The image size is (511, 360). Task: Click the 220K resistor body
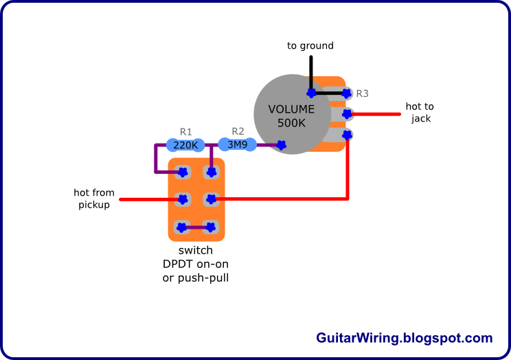pyautogui.click(x=185, y=145)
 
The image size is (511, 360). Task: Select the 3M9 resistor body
pyautogui.click(x=237, y=144)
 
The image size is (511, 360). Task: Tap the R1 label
pyautogui.click(x=185, y=131)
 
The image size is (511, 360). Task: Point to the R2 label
pyautogui.click(x=238, y=131)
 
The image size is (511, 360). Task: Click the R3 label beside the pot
pyautogui.click(x=362, y=93)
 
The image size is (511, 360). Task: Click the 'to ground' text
pyautogui.click(x=310, y=46)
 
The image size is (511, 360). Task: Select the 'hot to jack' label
pyautogui.click(x=420, y=112)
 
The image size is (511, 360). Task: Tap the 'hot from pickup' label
pyautogui.click(x=94, y=199)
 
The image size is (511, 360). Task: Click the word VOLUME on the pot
pyautogui.click(x=291, y=109)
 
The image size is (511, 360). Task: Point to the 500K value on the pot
pyautogui.click(x=291, y=123)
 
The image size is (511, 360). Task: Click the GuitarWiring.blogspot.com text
pyautogui.click(x=405, y=338)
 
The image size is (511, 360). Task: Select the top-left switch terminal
pyautogui.click(x=183, y=172)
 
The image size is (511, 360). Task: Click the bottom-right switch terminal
pyautogui.click(x=211, y=226)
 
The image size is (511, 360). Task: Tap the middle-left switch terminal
pyautogui.click(x=183, y=199)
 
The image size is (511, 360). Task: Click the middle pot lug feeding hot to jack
pyautogui.click(x=347, y=113)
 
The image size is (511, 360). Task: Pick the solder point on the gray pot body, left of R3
pyautogui.click(x=311, y=92)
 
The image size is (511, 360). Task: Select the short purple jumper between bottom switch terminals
pyautogui.click(x=196, y=227)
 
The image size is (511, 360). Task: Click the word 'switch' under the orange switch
pyautogui.click(x=195, y=251)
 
